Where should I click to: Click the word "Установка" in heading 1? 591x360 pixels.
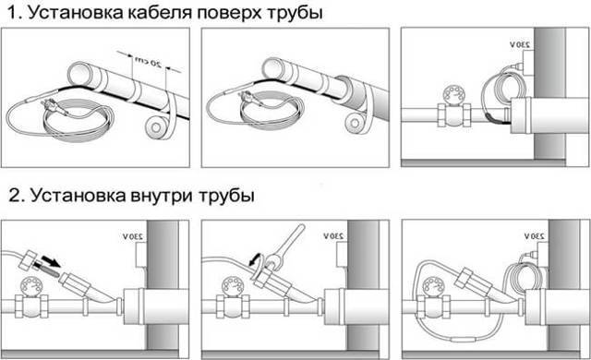(76, 12)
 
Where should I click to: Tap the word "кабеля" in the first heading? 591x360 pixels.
(160, 12)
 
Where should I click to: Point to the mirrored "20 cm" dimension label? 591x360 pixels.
(148, 62)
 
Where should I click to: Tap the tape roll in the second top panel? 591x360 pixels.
(355, 122)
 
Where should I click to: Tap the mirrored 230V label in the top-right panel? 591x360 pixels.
(520, 44)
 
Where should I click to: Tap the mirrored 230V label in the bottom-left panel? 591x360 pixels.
(133, 237)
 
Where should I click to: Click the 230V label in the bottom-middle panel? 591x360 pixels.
(333, 236)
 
